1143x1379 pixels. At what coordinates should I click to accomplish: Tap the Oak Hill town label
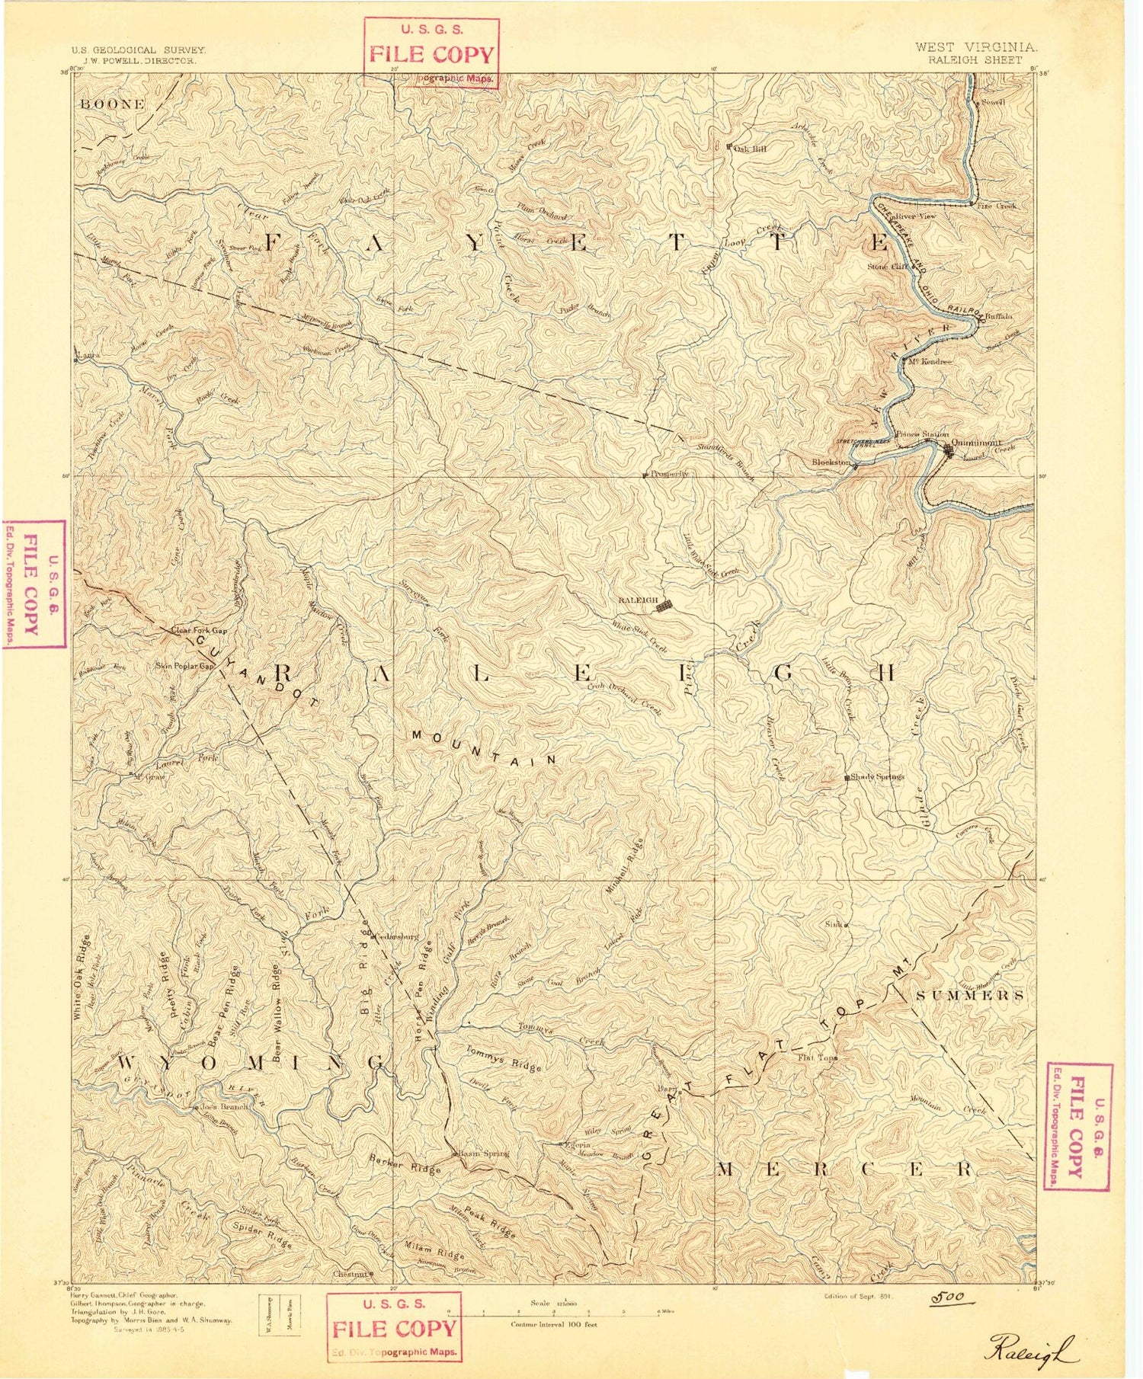pos(749,149)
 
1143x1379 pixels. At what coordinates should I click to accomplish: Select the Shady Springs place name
pos(876,776)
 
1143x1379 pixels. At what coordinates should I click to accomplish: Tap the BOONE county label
pos(111,104)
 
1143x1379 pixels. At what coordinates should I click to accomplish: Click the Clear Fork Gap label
pos(199,631)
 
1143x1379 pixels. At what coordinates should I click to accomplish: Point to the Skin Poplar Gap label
pos(185,666)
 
